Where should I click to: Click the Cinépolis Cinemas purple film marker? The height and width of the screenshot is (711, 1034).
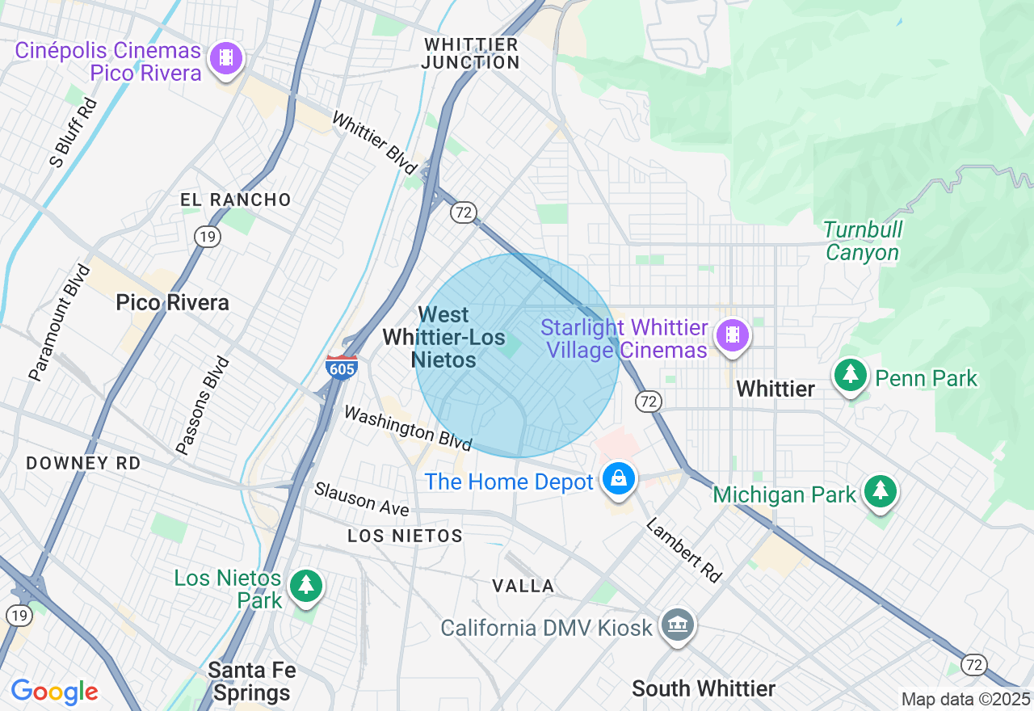pos(226,58)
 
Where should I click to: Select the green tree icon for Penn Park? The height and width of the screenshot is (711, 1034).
pos(850,376)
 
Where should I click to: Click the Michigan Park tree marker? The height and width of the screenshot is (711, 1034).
pos(880,491)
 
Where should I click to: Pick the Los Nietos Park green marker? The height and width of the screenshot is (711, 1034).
pos(305,586)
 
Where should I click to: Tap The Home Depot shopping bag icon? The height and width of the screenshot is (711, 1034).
pos(619,479)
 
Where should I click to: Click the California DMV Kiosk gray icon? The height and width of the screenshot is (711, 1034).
pos(677,625)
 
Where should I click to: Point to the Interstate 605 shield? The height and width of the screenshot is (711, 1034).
pos(342,366)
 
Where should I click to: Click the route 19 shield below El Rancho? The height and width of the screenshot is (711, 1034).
pos(208,236)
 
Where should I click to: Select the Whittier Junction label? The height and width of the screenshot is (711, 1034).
pos(472,53)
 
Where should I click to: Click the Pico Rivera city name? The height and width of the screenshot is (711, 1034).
pos(172,303)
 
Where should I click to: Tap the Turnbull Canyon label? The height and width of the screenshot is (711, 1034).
pos(862,242)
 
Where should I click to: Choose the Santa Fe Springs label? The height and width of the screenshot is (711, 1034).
pos(252,681)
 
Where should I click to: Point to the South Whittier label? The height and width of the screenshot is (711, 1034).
pos(704,688)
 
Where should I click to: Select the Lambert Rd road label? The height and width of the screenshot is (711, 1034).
pos(683,549)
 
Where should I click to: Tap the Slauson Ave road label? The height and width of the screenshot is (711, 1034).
pos(362,499)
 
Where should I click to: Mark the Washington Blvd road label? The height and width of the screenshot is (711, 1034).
pos(408,428)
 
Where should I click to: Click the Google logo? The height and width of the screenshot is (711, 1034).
pos(54,692)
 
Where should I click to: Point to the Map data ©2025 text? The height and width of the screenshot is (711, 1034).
pos(965,699)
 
